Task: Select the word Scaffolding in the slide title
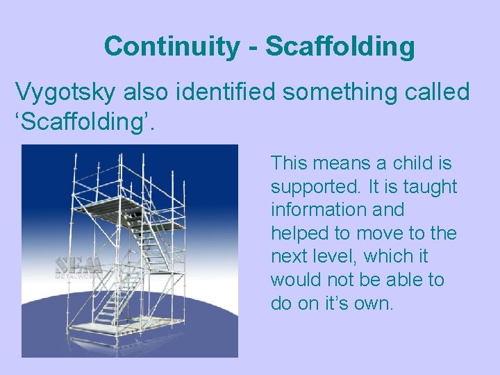pyautogui.click(x=340, y=47)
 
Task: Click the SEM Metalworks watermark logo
pyautogui.click(x=78, y=267)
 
